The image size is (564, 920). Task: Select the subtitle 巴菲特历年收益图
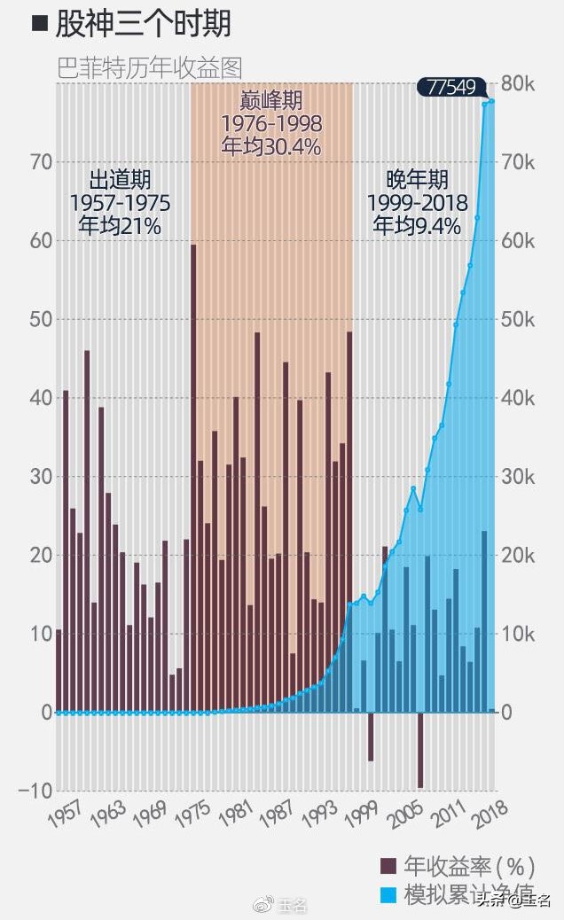pyautogui.click(x=150, y=67)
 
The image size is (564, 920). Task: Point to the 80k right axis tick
pyautogui.click(x=519, y=84)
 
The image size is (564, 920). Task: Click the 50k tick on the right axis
pyautogui.click(x=519, y=319)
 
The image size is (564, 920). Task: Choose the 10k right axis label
pyautogui.click(x=519, y=634)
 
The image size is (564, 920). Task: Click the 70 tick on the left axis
pyautogui.click(x=41, y=162)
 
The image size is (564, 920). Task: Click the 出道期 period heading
pyautogui.click(x=120, y=181)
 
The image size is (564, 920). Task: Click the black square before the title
pyautogui.click(x=39, y=24)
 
